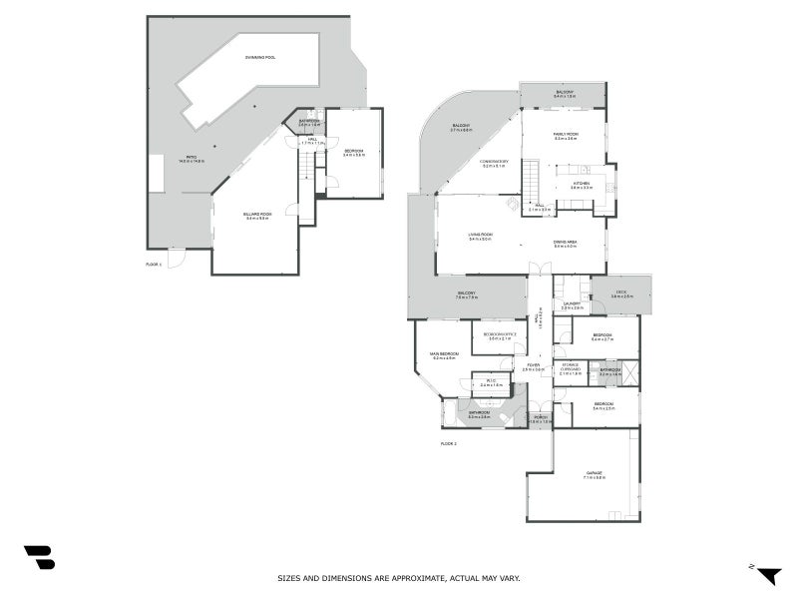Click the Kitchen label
coord(582,184)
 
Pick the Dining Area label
coord(566,242)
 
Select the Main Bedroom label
coord(444,354)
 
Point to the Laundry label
coord(572,303)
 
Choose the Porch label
coord(540,417)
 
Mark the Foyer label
coord(534,365)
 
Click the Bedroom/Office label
coord(499,334)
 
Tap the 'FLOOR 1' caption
coord(153,264)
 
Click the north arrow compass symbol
coord(769,575)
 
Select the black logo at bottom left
coord(39,557)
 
